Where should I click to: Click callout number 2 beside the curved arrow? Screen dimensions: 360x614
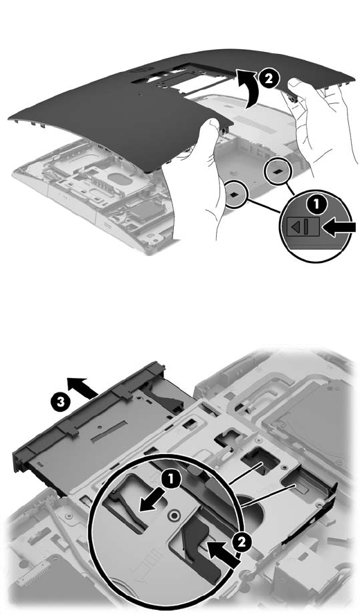[268, 78]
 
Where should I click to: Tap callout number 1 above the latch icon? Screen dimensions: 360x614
[317, 204]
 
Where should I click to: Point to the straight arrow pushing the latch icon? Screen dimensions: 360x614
[339, 228]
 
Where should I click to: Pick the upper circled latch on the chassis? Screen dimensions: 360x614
[278, 171]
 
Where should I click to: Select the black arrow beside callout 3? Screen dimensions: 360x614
[82, 388]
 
